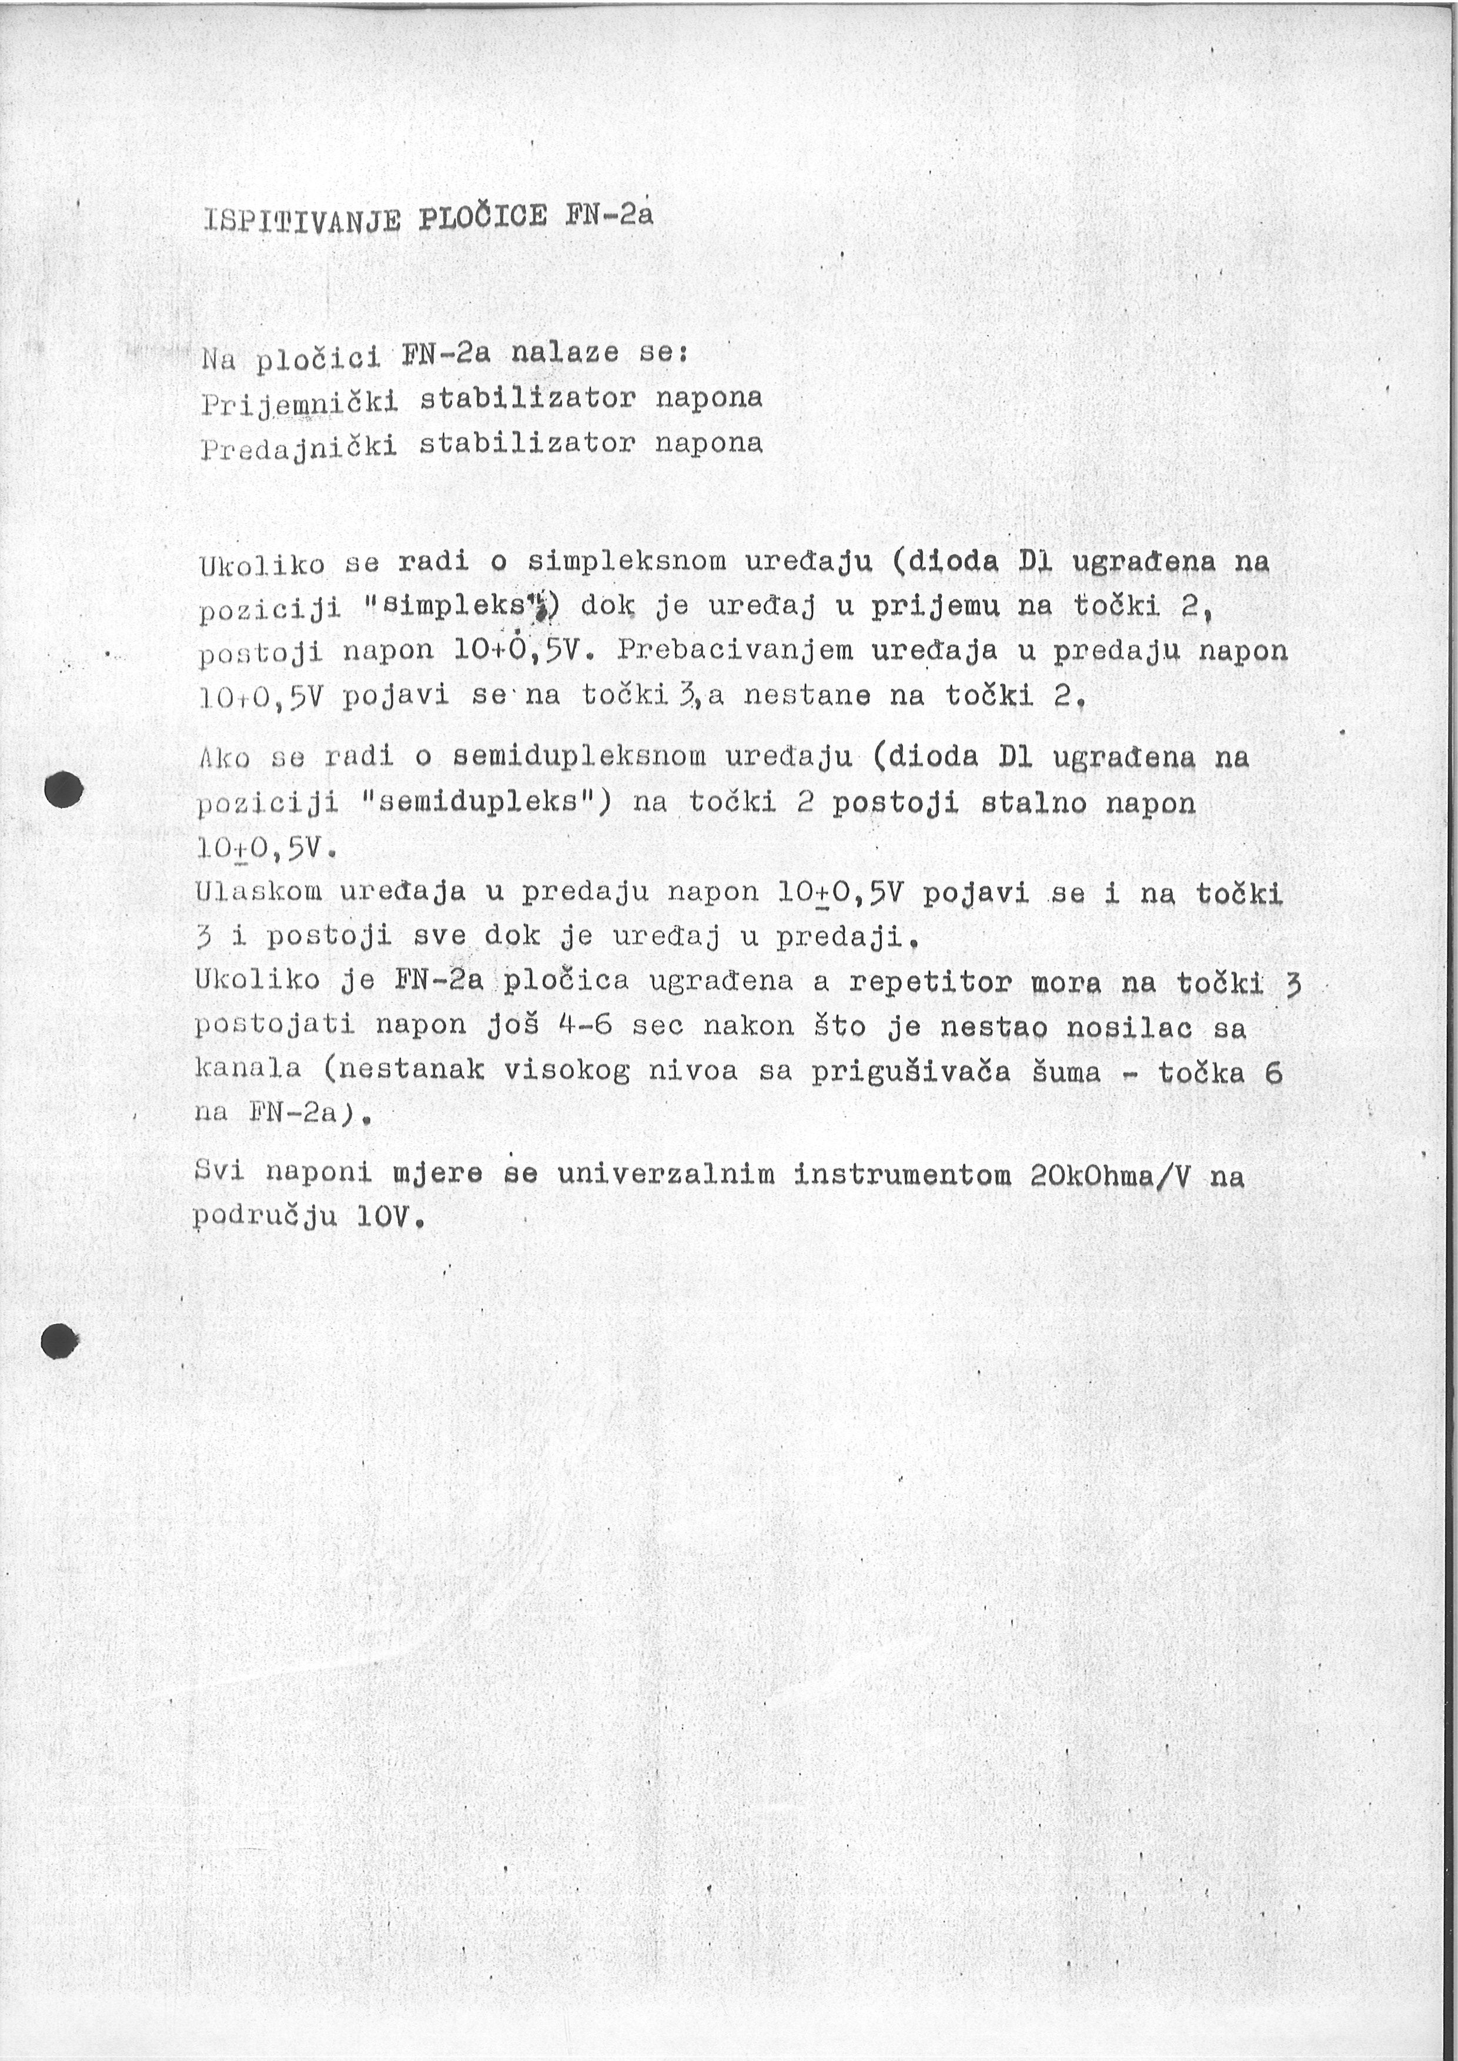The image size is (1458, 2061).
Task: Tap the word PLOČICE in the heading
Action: (482, 217)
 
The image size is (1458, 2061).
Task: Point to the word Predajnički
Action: (299, 446)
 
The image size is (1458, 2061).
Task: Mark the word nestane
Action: (807, 695)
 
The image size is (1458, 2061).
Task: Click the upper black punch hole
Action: (63, 789)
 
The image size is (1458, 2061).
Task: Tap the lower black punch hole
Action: (59, 1341)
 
